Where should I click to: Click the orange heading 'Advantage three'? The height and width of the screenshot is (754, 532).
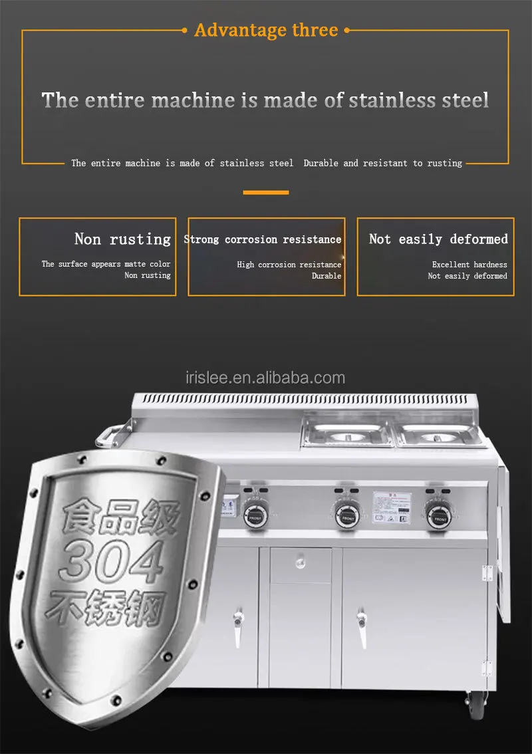click(266, 30)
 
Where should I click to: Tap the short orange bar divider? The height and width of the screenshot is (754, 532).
click(266, 193)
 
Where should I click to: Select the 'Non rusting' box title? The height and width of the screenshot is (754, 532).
click(122, 239)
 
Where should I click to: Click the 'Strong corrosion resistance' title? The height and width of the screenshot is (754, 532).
click(263, 239)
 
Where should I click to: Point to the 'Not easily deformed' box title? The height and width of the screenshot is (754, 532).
click(438, 239)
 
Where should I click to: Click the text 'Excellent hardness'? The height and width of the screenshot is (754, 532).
click(469, 265)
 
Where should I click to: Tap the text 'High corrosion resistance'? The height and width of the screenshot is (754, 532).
click(289, 265)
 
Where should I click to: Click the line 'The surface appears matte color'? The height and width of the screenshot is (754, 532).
click(106, 264)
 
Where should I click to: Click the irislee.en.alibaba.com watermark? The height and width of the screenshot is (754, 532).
click(266, 378)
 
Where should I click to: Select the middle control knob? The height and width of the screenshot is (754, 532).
click(346, 514)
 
